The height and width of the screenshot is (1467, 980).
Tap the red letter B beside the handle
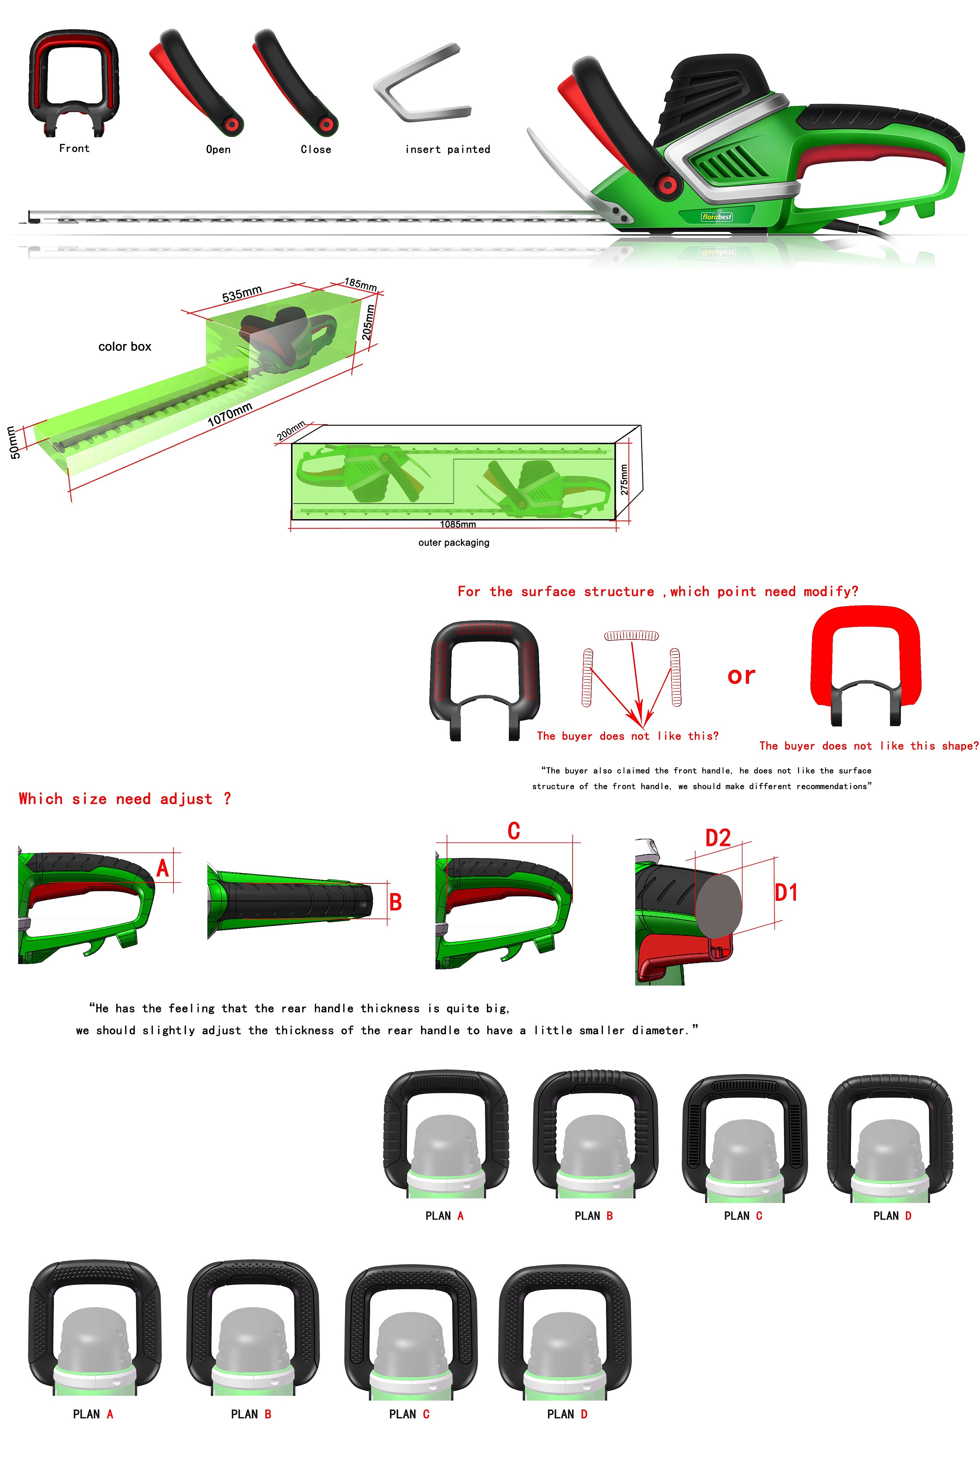pyautogui.click(x=396, y=902)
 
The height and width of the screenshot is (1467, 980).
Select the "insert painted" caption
pyautogui.click(x=448, y=149)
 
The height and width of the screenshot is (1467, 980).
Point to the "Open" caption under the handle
pyautogui.click(x=218, y=149)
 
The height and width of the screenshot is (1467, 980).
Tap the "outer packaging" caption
pyautogui.click(x=454, y=543)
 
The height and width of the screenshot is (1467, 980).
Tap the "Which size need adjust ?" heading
pyautogui.click(x=125, y=799)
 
